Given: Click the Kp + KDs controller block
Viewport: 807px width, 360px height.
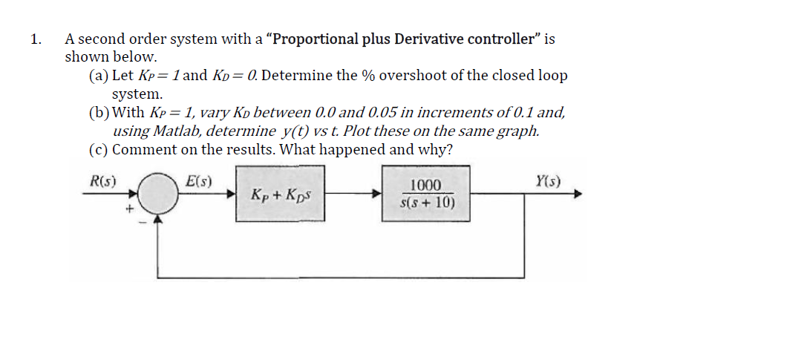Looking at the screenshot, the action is click(281, 195).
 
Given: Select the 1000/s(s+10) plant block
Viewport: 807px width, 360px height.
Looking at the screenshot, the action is click(427, 194).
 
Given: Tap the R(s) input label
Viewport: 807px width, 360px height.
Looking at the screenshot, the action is click(102, 180).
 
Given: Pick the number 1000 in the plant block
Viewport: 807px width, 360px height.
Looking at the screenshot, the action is click(427, 186).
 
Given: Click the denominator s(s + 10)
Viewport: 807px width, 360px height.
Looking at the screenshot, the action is click(427, 202).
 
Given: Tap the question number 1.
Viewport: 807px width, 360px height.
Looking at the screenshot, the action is click(33, 39).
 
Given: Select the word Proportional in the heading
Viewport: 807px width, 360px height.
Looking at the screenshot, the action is click(313, 39).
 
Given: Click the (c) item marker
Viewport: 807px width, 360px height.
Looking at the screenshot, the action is click(97, 149).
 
